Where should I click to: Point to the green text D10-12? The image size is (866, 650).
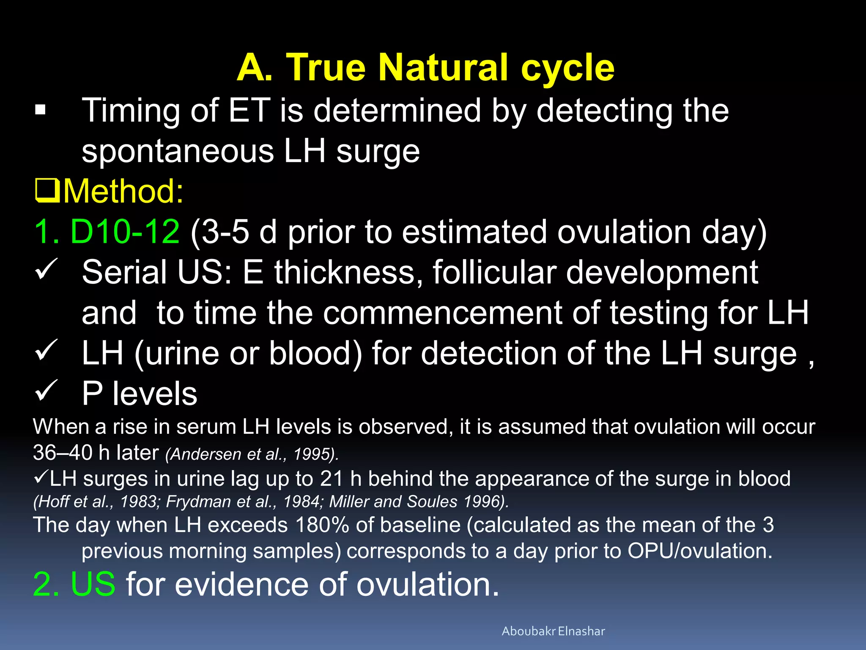pyautogui.click(x=125, y=232)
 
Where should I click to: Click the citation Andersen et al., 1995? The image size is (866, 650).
pyautogui.click(x=252, y=454)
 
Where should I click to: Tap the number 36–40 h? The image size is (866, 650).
pyautogui.click(x=63, y=453)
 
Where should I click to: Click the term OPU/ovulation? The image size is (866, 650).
pyautogui.click(x=700, y=551)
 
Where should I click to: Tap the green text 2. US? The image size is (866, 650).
pyautogui.click(x=74, y=584)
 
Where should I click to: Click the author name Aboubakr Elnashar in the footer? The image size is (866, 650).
pyautogui.click(x=553, y=631)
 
